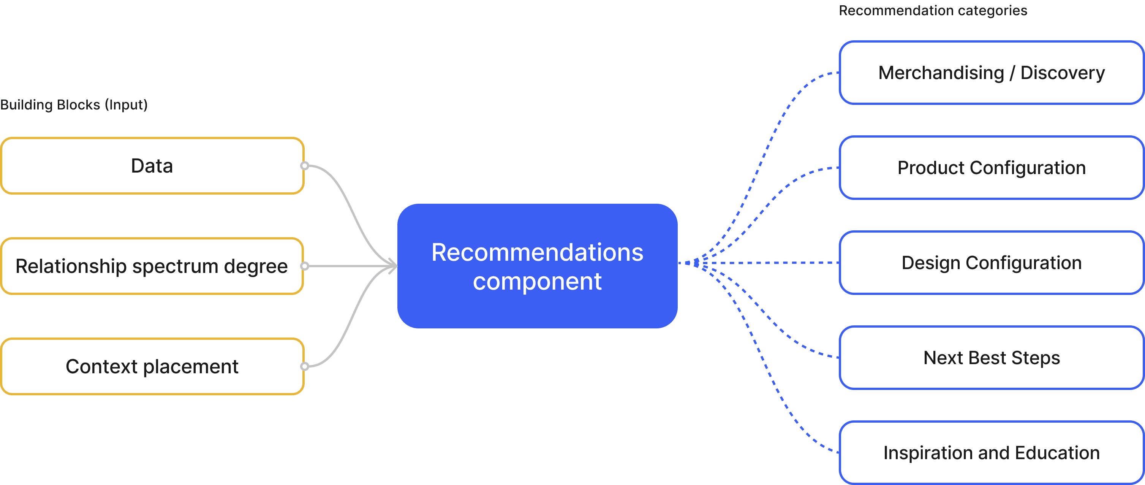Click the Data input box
tap(152, 166)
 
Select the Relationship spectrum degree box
tap(152, 266)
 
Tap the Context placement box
tap(152, 366)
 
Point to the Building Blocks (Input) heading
tap(74, 105)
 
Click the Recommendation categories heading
tap(933, 11)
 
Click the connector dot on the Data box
tap(304, 166)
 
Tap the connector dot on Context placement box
tap(304, 366)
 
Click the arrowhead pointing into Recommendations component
tap(393, 266)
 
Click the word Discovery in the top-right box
tap(1062, 73)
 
